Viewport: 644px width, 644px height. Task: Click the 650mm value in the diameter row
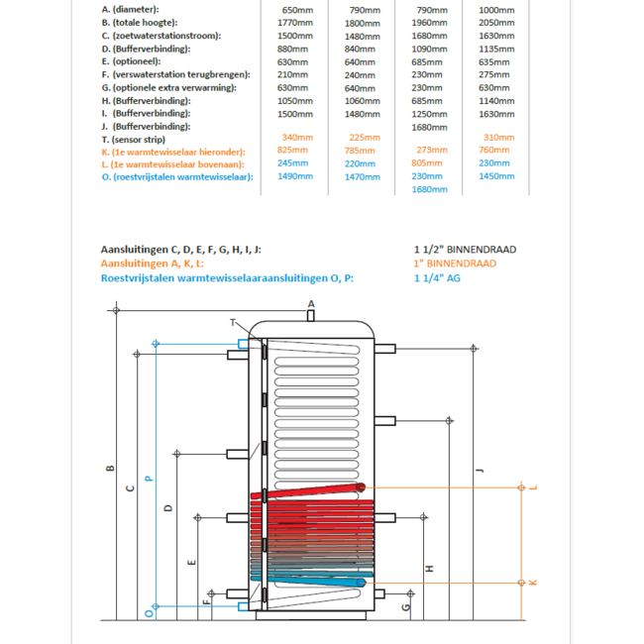pyautogui.click(x=297, y=10)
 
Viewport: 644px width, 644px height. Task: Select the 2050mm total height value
pyautogui.click(x=493, y=22)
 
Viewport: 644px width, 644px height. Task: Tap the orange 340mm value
pyautogui.click(x=297, y=138)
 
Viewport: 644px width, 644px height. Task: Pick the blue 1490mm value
pyautogui.click(x=293, y=176)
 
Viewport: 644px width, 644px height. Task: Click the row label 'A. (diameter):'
pyautogui.click(x=131, y=10)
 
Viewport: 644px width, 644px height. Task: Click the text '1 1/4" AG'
pyautogui.click(x=437, y=278)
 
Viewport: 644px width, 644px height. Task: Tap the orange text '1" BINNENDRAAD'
pyautogui.click(x=455, y=264)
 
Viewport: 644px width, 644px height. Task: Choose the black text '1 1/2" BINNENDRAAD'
pyautogui.click(x=465, y=250)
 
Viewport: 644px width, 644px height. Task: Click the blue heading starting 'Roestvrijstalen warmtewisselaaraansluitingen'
pyautogui.click(x=227, y=278)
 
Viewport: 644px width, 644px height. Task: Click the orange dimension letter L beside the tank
pyautogui.click(x=533, y=487)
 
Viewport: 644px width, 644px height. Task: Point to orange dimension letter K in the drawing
pyautogui.click(x=533, y=582)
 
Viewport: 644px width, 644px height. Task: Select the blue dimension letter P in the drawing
pyautogui.click(x=149, y=478)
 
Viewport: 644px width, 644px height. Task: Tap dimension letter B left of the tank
pyautogui.click(x=110, y=468)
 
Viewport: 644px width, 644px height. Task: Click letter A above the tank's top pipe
pyautogui.click(x=310, y=303)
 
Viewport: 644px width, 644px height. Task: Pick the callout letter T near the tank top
pyautogui.click(x=233, y=323)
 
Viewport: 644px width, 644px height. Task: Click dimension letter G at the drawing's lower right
pyautogui.click(x=407, y=605)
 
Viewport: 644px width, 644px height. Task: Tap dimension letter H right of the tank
pyautogui.click(x=429, y=568)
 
